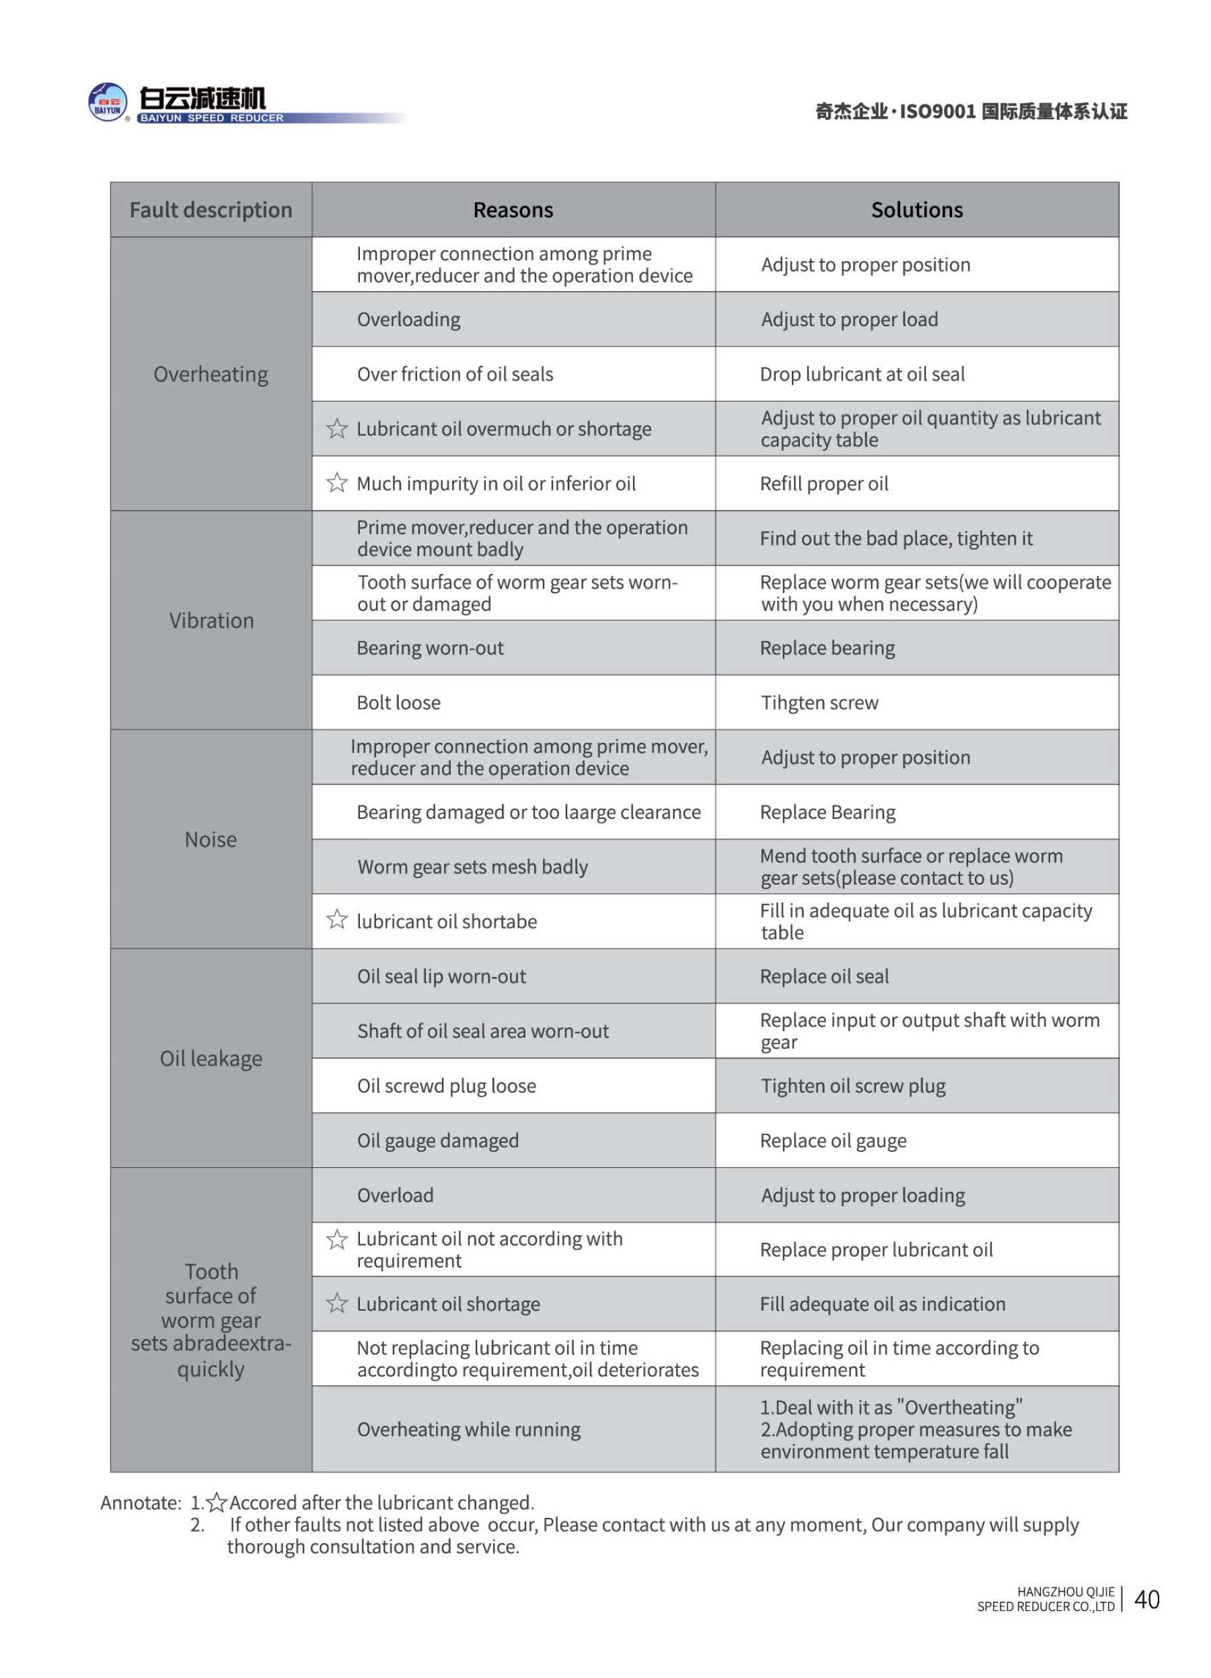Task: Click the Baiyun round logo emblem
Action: (x=107, y=102)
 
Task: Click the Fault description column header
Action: (x=211, y=210)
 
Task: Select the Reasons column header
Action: (x=513, y=210)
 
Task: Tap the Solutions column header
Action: (x=916, y=210)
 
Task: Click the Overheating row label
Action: (x=211, y=374)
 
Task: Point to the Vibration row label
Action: (x=211, y=621)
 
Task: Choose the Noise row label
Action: (x=211, y=840)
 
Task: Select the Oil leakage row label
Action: (x=211, y=1059)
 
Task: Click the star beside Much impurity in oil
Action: (x=336, y=483)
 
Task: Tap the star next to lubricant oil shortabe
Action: (x=336, y=920)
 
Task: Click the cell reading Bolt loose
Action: (x=399, y=703)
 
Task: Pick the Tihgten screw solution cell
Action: (x=819, y=703)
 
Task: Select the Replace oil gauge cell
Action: (x=833, y=1141)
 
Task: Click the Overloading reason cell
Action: (x=408, y=320)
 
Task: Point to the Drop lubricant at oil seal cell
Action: (x=862, y=374)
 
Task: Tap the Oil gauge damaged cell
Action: (x=438, y=1141)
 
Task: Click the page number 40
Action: (x=1146, y=1599)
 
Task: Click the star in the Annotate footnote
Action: (x=217, y=1502)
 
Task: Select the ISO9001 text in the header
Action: (x=937, y=112)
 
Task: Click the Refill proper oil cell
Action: (x=824, y=484)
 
